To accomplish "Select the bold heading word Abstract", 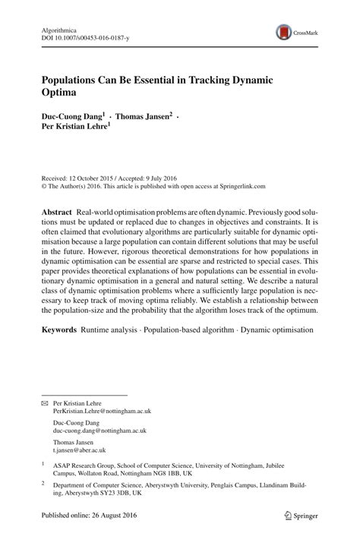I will coord(57,208).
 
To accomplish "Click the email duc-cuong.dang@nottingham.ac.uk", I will coord(99,430).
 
